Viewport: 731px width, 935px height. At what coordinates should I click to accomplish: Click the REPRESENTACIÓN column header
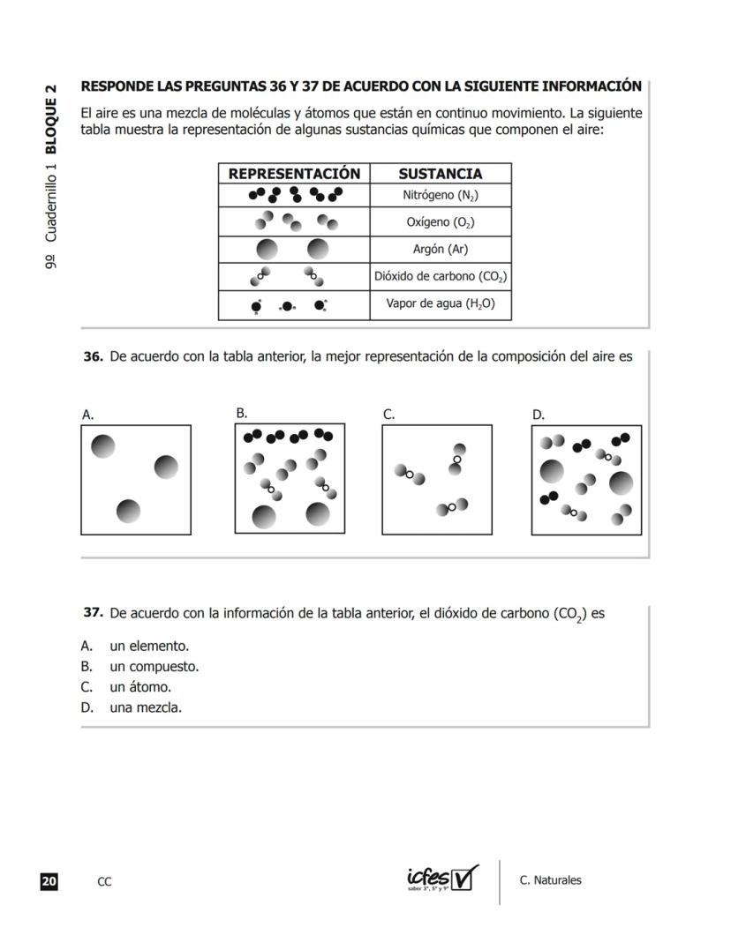coord(294,174)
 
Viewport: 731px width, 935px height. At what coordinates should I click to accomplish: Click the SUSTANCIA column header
coord(440,174)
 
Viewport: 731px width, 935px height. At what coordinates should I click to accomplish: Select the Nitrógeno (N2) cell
coord(440,196)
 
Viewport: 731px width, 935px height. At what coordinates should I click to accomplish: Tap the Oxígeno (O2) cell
coord(440,222)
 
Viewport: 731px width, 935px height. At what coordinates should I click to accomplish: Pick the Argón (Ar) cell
coord(440,249)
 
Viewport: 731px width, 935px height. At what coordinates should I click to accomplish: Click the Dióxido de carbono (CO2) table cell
coord(440,276)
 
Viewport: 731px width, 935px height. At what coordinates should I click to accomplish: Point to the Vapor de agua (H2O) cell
coord(440,304)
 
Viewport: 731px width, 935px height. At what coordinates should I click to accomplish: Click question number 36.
coord(93,357)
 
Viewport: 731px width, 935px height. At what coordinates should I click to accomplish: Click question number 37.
coord(93,612)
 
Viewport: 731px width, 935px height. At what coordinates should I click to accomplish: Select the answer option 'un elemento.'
coord(148,646)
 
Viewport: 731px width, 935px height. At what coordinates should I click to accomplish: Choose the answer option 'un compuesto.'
coord(154,667)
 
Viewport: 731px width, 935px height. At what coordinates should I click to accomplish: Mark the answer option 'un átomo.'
coord(139,687)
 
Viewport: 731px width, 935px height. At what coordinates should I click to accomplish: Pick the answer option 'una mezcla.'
coord(145,707)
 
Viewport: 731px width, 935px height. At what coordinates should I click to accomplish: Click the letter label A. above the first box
coord(87,415)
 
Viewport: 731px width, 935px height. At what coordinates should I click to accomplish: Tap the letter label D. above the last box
coord(539,415)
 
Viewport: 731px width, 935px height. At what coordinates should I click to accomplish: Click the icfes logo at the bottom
coord(442,879)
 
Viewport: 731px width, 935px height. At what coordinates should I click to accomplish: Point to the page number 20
coord(49,881)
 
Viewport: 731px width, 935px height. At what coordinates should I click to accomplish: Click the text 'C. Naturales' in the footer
coord(550,880)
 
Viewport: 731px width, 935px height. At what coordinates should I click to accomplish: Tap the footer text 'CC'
coord(104,881)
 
